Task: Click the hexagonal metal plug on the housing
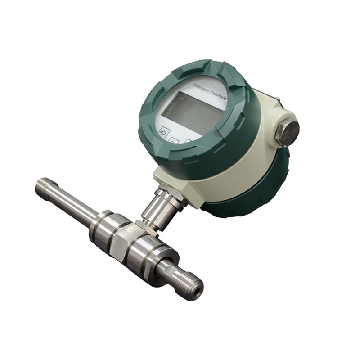click(287, 132)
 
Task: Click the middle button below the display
click(174, 141)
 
